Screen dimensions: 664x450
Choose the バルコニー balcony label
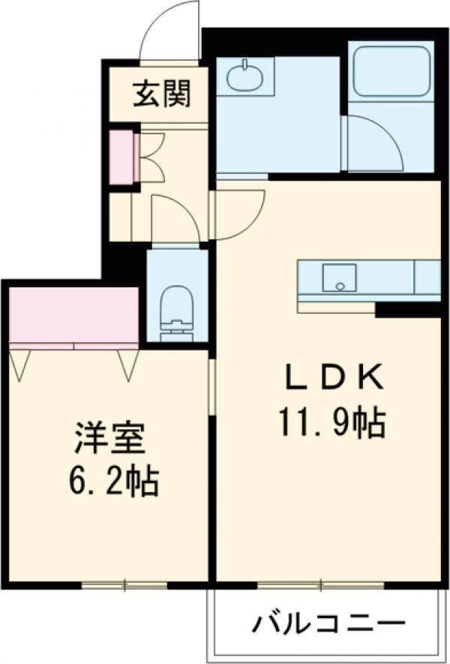pyautogui.click(x=328, y=623)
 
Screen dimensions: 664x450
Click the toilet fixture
pyautogui.click(x=177, y=309)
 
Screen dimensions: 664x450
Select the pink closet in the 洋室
pyautogui.click(x=73, y=315)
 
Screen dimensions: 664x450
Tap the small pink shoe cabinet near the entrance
pyautogui.click(x=120, y=158)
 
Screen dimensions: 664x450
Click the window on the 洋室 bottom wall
pyautogui.click(x=124, y=584)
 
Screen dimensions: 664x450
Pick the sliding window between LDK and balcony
pyautogui.click(x=320, y=584)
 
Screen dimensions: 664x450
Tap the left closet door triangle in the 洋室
pyautogui.click(x=20, y=364)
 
